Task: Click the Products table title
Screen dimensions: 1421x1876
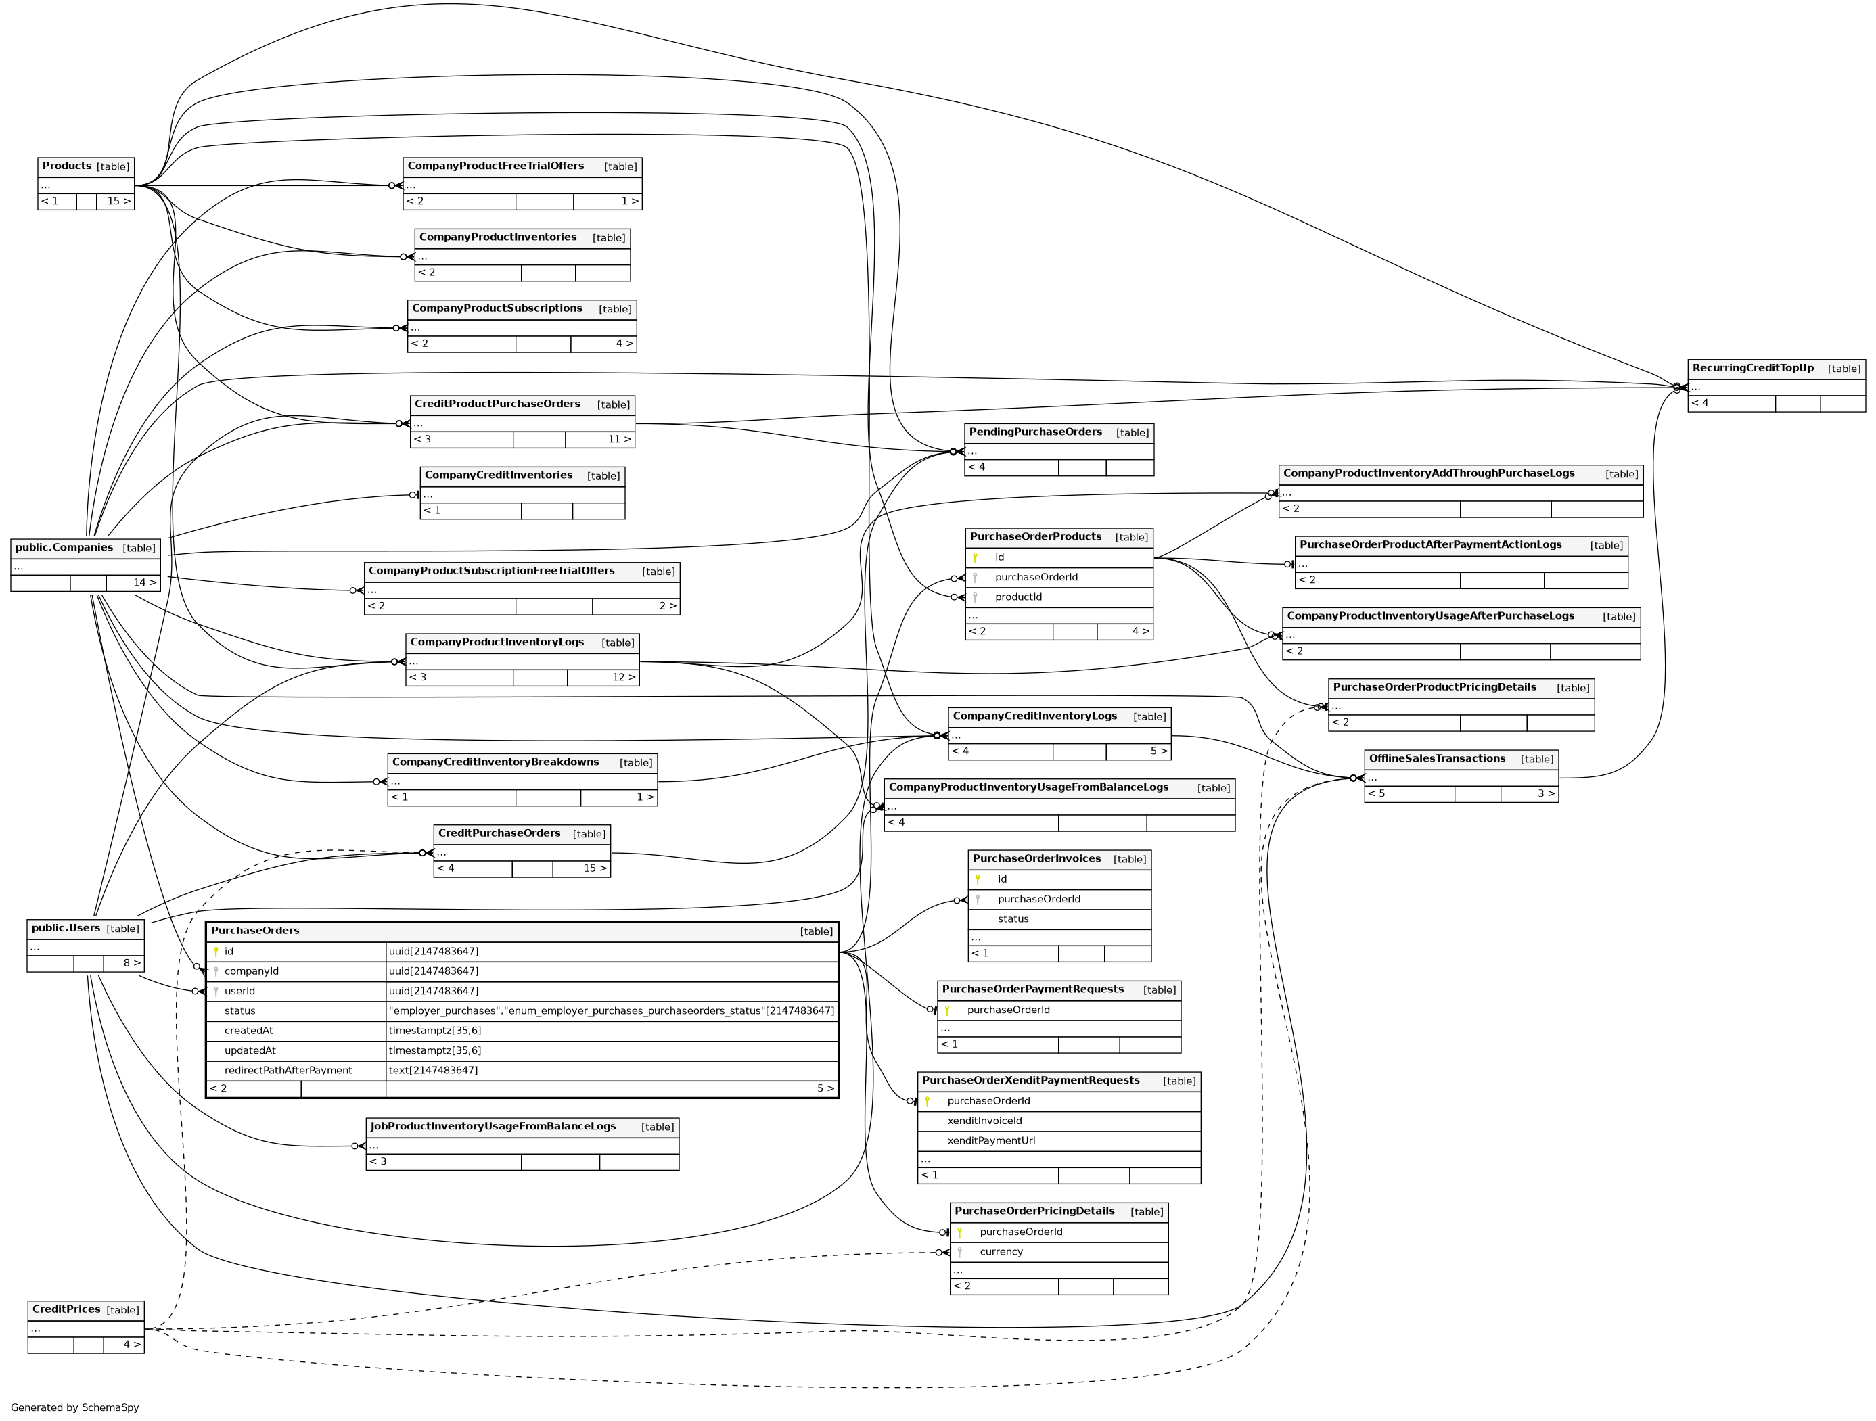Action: [67, 166]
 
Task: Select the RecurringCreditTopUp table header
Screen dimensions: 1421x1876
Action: [1753, 368]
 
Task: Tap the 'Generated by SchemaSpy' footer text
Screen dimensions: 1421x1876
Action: [74, 1407]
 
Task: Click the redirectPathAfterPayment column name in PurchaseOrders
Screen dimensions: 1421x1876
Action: [288, 1070]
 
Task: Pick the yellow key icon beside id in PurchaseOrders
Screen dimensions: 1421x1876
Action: [216, 952]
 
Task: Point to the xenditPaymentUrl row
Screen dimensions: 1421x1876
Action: [990, 1140]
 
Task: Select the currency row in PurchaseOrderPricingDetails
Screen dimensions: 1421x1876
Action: [1001, 1251]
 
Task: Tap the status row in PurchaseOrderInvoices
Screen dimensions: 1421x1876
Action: [1013, 919]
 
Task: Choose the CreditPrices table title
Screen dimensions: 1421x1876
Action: [66, 1309]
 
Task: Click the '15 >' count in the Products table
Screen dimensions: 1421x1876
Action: [118, 201]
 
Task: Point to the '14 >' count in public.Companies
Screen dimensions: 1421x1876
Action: [144, 582]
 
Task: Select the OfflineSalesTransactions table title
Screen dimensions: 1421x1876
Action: [1437, 759]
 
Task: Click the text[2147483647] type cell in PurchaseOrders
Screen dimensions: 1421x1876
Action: [434, 1070]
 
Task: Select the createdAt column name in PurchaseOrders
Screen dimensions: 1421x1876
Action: [248, 1030]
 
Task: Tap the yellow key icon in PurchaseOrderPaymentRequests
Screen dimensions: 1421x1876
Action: [947, 1010]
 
